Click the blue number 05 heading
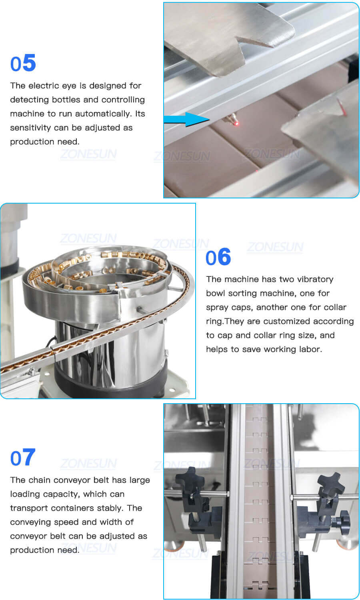point(23,63)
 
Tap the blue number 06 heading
point(218,257)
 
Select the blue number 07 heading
point(23,458)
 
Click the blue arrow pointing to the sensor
point(186,119)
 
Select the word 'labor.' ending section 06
point(310,349)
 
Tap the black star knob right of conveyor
point(330,484)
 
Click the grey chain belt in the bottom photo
point(261,500)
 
